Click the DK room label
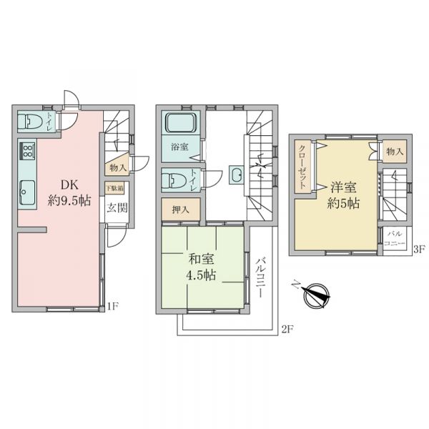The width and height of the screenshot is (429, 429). pos(69,185)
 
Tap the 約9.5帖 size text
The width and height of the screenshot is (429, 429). pos(69,201)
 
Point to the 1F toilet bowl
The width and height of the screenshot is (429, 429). pos(30,122)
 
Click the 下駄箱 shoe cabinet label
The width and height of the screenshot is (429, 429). pos(114,188)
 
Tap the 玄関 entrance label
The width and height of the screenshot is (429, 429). pos(117,208)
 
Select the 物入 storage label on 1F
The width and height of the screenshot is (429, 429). pos(118,168)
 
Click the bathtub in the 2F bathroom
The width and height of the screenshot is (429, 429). pos(182,122)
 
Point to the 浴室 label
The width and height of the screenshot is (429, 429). pos(179,147)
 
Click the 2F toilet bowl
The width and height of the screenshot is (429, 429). pos(174,180)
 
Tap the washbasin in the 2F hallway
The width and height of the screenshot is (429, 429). pos(236,174)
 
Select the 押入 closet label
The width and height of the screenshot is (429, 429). pos(181,209)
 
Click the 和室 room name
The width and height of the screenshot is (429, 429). pos(201,259)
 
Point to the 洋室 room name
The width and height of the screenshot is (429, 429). pos(343,187)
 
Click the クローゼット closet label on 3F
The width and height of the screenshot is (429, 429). pos(302,167)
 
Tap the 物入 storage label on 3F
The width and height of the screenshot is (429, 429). pos(395,152)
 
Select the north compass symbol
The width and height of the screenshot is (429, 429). pos(315,296)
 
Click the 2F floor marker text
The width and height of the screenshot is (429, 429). pos(287,330)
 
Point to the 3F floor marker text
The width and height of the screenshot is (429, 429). pos(419,249)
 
